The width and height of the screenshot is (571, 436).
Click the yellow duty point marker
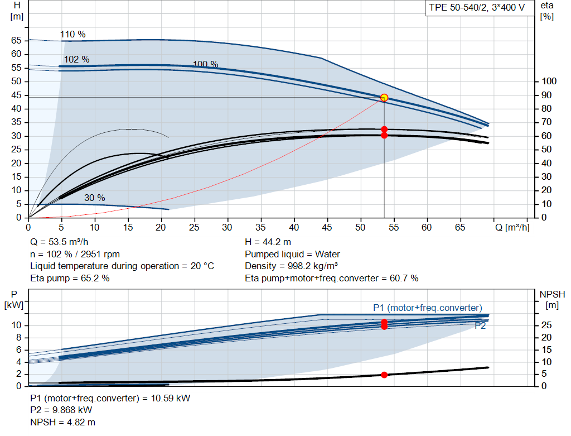pyautogui.click(x=384, y=98)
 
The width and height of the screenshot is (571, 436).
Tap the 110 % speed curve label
pyautogui.click(x=73, y=34)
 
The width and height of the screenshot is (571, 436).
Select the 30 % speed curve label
pyautogui.click(x=95, y=198)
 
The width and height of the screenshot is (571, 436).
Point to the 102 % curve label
pyautogui.click(x=77, y=59)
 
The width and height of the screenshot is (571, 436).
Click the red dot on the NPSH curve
pyautogui.click(x=384, y=375)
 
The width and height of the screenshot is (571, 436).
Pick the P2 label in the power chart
pyautogui.click(x=480, y=325)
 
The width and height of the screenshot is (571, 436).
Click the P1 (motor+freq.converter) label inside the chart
pyautogui.click(x=428, y=308)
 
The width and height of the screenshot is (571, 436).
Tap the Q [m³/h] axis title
pyautogui.click(x=512, y=227)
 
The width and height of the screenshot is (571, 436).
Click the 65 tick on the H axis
pyautogui.click(x=16, y=40)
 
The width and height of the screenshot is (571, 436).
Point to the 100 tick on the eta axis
pyautogui.click(x=549, y=82)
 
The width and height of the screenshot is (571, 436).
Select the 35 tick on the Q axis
pyautogui.click(x=260, y=227)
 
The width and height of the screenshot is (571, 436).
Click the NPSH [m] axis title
pyautogui.click(x=552, y=299)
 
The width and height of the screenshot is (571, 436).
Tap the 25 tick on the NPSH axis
pyautogui.click(x=546, y=325)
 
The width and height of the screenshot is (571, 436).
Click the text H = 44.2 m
pyautogui.click(x=268, y=242)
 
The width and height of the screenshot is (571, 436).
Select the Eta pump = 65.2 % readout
pyautogui.click(x=70, y=278)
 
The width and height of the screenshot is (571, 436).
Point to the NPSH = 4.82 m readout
pyautogui.click(x=62, y=422)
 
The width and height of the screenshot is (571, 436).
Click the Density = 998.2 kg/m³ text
pyautogui.click(x=291, y=266)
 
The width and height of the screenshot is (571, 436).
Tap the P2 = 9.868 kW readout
pyautogui.click(x=61, y=410)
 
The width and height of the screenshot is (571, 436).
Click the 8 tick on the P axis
pyautogui.click(x=19, y=338)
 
